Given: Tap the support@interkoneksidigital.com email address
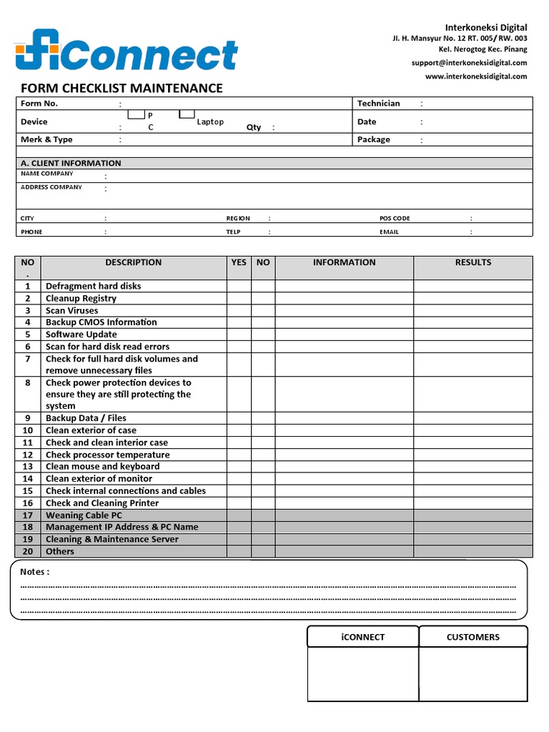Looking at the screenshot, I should pos(469,63).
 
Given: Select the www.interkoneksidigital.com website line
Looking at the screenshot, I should pos(475,76).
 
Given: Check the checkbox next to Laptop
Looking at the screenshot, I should pos(187,114).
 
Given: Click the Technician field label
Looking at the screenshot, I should pos(379,104).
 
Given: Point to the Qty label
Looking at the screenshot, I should pos(254,127).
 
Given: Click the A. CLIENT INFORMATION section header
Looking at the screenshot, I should pos(71,163).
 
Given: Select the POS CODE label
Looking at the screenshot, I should pos(395,218).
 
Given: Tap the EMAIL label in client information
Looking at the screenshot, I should pos(390,232).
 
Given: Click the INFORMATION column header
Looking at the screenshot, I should pos(344,262).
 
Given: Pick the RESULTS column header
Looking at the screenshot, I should pos(473,262).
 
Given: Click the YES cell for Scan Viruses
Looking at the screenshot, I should pos(239,310).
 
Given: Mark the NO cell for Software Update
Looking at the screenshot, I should pos(263,335).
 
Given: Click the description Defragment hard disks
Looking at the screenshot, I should pos(93,286).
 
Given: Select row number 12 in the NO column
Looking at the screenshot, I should pos(28,455).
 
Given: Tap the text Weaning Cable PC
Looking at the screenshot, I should pos(84,515).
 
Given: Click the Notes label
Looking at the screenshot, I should pos(34,572).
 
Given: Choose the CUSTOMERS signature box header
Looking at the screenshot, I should pos(473,637).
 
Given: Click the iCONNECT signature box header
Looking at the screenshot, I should pos(362,637).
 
